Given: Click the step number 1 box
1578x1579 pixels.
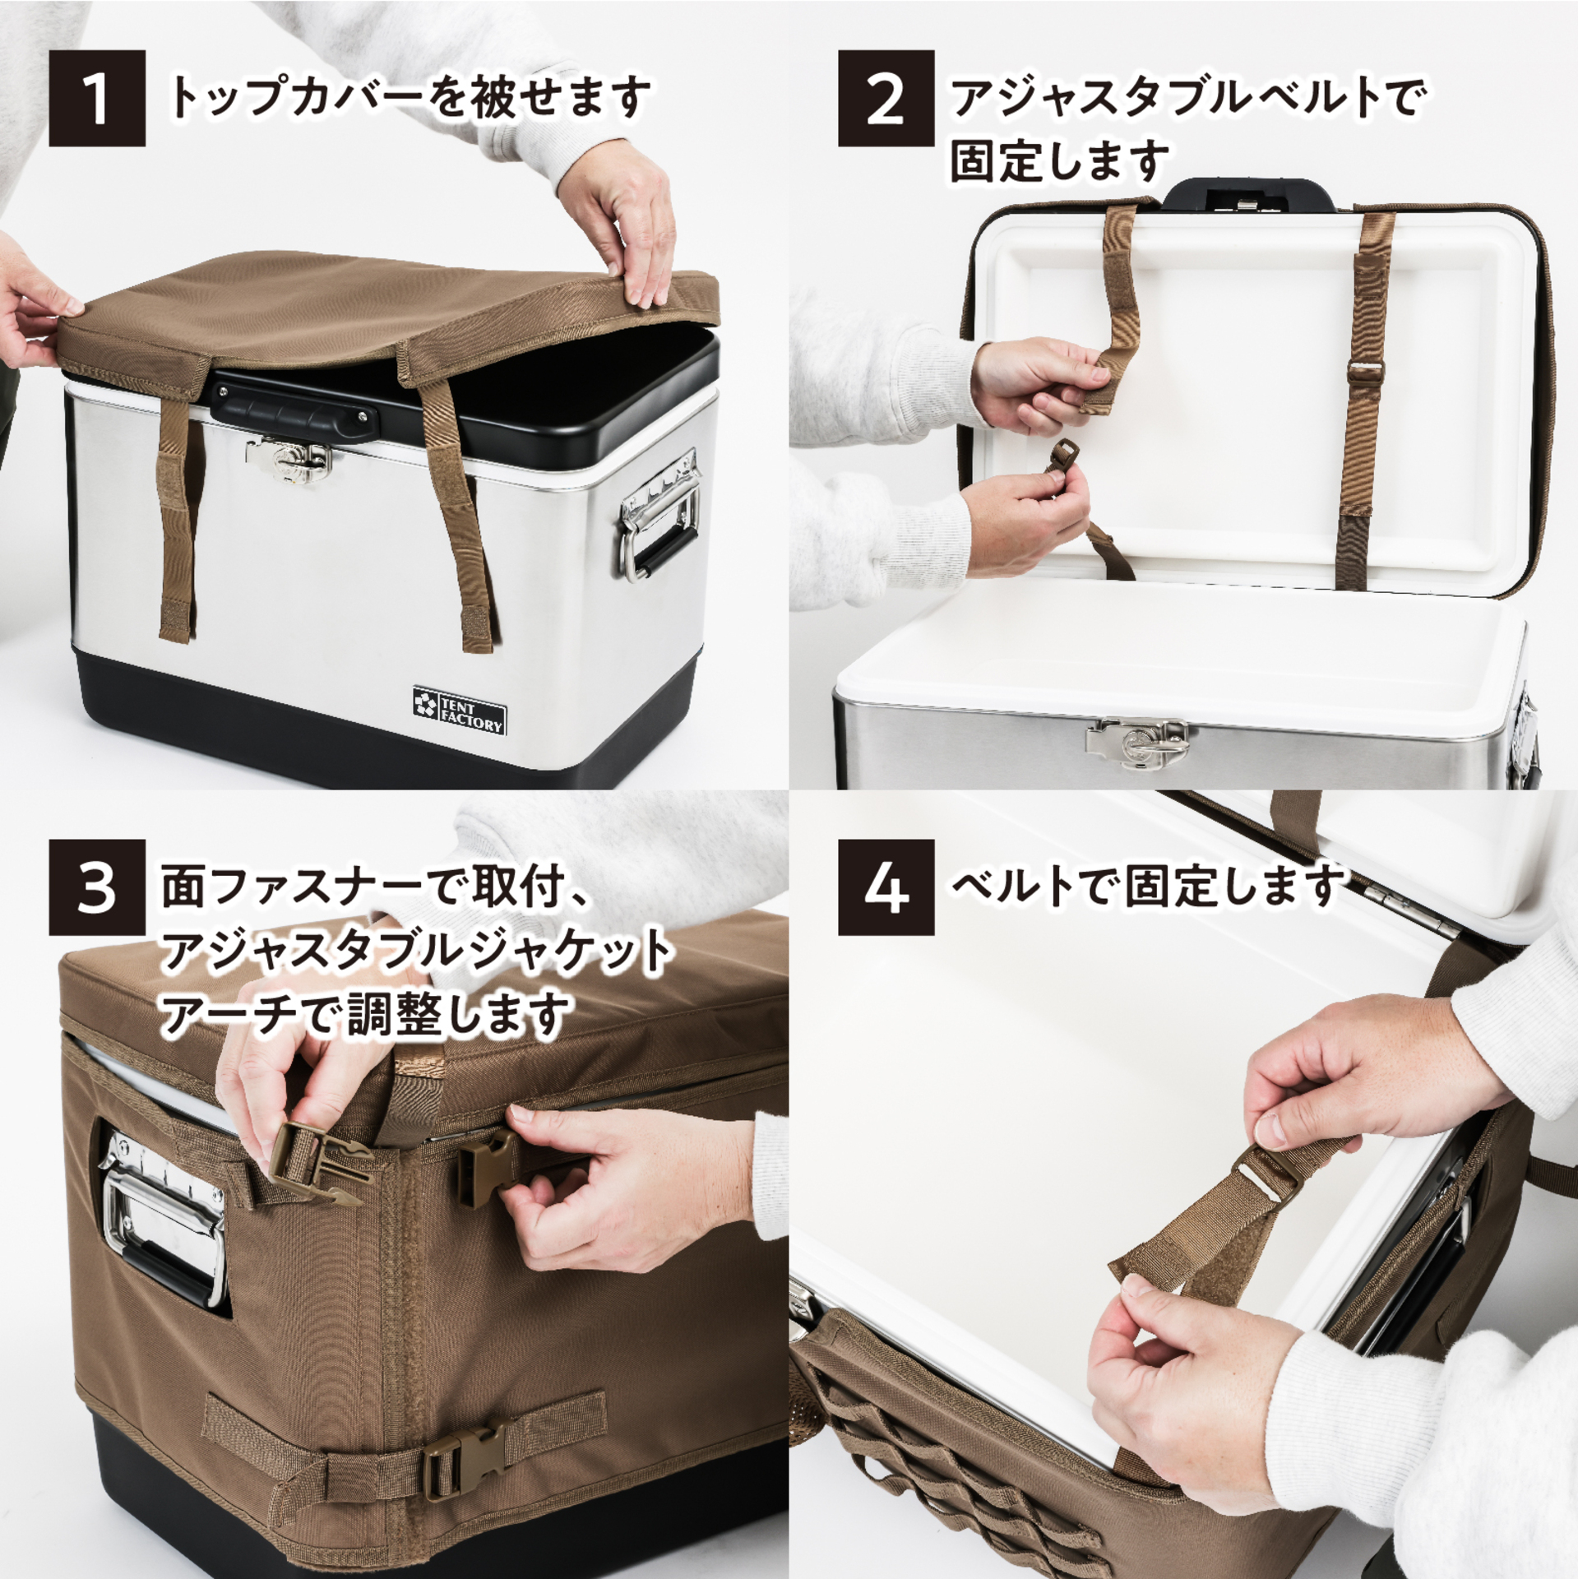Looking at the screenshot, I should (97, 99).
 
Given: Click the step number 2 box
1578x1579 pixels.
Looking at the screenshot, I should (886, 99).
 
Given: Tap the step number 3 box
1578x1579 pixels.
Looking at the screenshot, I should (97, 887).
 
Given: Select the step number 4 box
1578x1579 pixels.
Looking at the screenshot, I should (886, 887).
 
